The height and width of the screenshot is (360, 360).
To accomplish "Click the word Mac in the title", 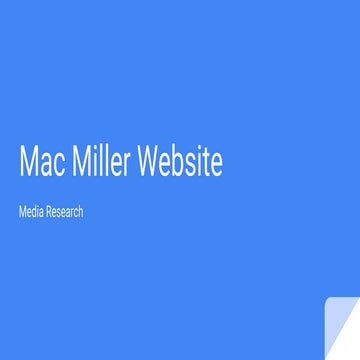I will pos(40,164).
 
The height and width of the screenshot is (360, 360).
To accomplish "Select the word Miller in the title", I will pos(99,164).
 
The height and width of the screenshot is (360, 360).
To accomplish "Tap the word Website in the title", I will pos(180,164).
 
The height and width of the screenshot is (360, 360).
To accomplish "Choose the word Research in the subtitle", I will pos(63,213).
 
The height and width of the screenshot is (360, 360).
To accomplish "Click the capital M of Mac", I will pos(28,164).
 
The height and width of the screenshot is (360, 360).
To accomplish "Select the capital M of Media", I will pos(22,213).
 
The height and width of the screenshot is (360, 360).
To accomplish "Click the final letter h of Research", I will pos(80,213).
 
